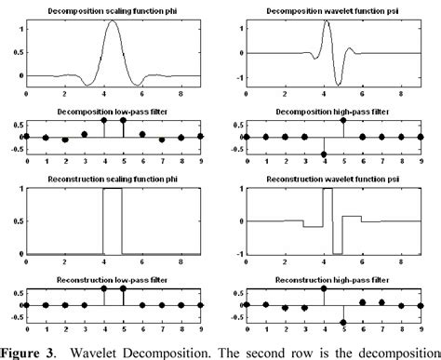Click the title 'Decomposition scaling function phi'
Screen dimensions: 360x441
[x=113, y=7]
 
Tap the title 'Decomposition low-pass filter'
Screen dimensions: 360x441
[x=113, y=111]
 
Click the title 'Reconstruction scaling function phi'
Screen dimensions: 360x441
[x=113, y=179]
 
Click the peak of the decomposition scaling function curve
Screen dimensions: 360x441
[x=113, y=20]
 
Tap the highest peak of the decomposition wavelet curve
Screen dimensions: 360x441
[x=327, y=20]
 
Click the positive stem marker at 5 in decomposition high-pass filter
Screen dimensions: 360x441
[x=343, y=120]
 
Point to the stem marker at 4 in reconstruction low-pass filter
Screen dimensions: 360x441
[x=103, y=289]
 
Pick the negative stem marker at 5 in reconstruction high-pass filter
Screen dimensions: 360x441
[x=343, y=323]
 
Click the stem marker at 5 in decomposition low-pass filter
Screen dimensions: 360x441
[x=123, y=120]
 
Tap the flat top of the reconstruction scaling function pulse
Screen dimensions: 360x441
[x=113, y=189]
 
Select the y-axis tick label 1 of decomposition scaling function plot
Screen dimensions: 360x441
[x=21, y=28]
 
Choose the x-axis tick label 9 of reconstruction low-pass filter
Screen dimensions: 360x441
[x=201, y=333]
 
